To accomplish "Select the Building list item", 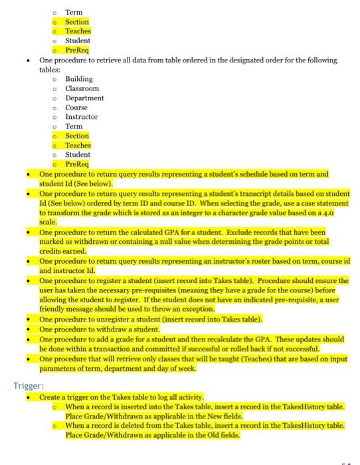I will pos(78,79).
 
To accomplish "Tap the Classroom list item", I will pos(82,88).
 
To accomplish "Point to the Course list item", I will pos(76,108).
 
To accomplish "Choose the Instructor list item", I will pos(81,117).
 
